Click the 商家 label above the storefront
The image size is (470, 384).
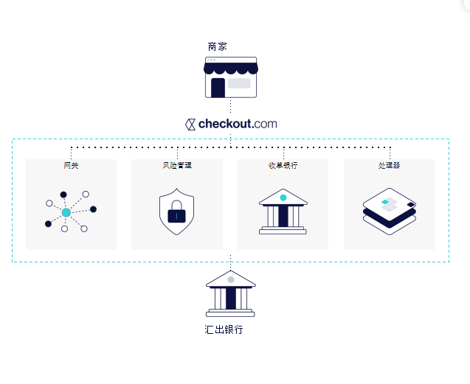(217, 46)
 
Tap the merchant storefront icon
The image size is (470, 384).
(230, 77)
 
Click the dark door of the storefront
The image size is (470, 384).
(218, 88)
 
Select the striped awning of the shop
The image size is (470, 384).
(230, 69)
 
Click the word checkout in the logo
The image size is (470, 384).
(225, 124)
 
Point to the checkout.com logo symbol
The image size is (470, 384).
(190, 124)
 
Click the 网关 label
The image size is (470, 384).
(71, 166)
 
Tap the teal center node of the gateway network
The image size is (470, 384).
(66, 212)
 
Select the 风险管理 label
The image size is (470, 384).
(177, 166)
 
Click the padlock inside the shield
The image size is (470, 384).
(176, 214)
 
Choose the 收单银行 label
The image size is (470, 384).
(283, 166)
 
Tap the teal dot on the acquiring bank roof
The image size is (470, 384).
(283, 198)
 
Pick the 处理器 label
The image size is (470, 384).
(389, 166)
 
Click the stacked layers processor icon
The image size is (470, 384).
(390, 211)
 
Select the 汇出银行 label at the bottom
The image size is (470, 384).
(224, 329)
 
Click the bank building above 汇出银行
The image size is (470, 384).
(230, 293)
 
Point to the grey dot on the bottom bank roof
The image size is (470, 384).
(230, 280)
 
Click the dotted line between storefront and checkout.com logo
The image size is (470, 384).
(230, 107)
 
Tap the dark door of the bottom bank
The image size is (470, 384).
(230, 299)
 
